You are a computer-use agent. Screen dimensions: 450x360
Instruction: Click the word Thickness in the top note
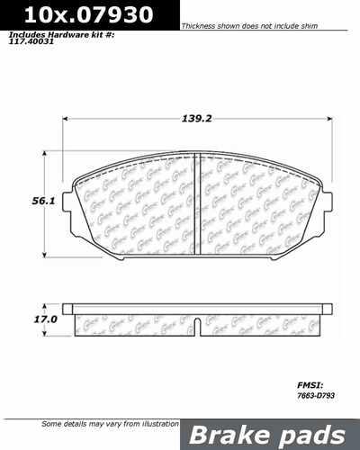199,27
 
